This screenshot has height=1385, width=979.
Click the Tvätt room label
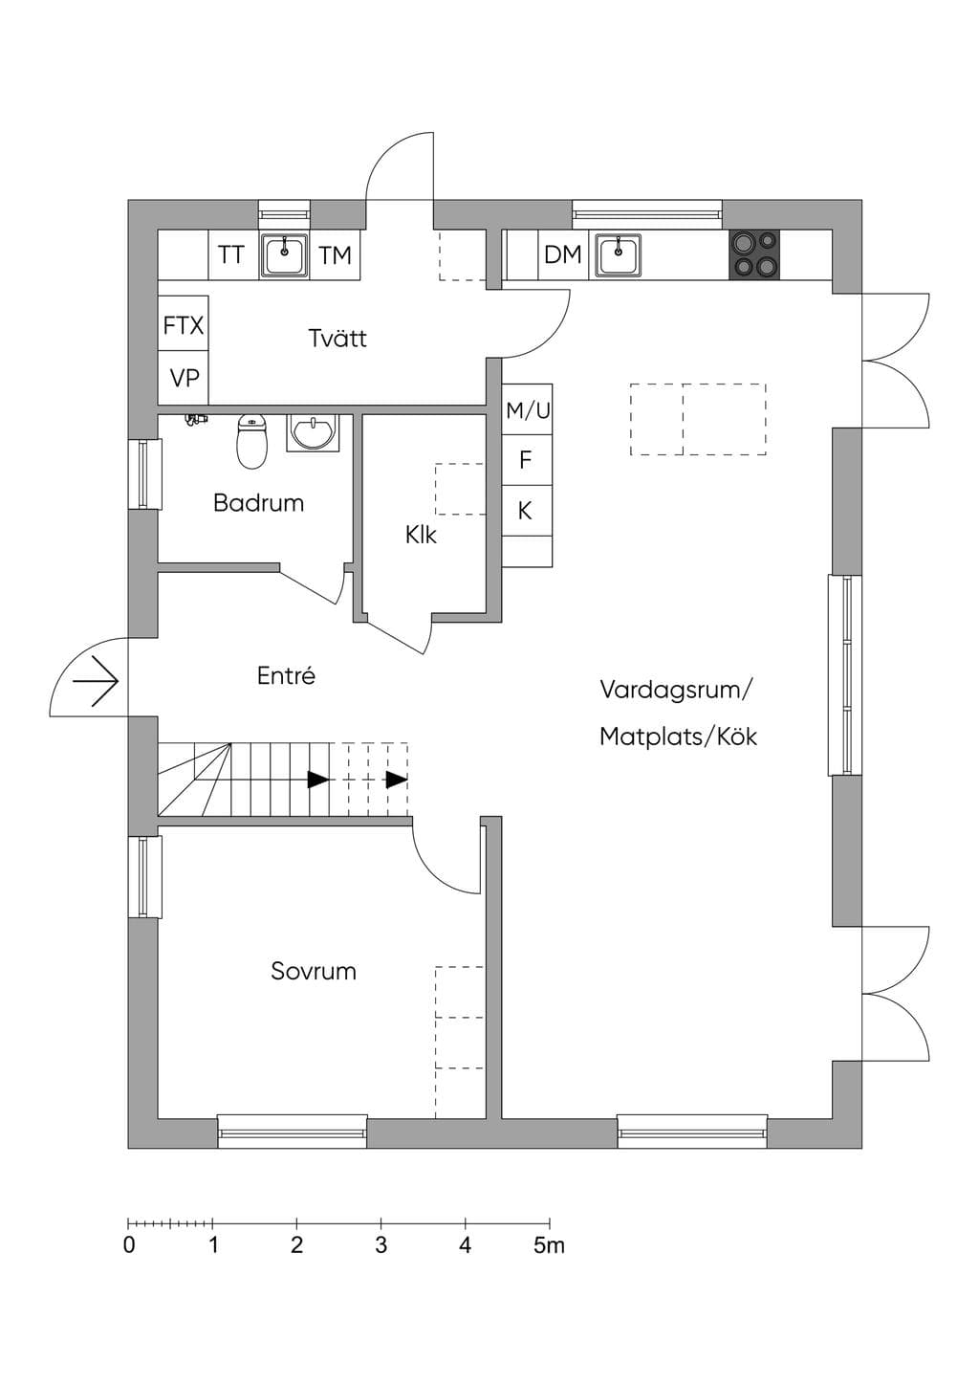337,339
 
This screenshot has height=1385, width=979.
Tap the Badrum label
258,503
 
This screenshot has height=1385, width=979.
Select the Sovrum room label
314,971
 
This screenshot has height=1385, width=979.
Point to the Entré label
286,675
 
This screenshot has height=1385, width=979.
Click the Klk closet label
421,535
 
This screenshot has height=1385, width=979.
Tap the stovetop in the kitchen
754,254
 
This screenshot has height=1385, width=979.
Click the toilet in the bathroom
251,440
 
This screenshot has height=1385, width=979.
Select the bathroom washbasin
313,432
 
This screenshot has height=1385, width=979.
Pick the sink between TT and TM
284,254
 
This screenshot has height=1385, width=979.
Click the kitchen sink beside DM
618,254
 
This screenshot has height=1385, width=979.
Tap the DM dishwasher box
563,254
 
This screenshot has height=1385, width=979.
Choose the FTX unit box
183,324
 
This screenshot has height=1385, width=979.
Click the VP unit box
183,378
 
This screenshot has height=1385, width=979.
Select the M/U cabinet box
527,409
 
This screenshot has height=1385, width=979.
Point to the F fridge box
527,460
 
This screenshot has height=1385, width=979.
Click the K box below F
527,511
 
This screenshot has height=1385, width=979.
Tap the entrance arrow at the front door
96,681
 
